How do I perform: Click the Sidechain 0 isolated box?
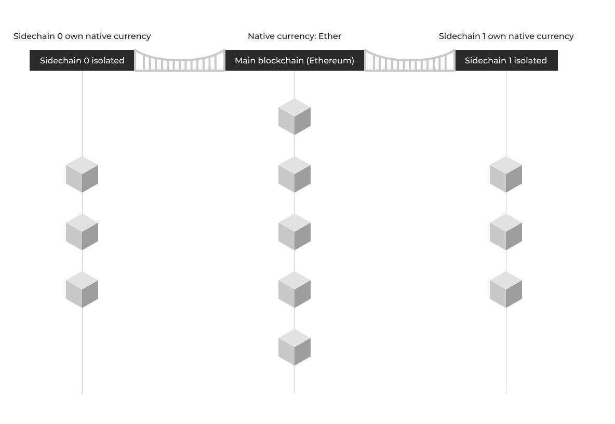tap(82, 60)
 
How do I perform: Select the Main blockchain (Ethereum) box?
tap(295, 60)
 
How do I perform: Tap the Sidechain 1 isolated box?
tap(506, 60)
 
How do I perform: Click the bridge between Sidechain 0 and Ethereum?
tap(180, 61)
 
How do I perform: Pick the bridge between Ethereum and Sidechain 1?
tap(410, 61)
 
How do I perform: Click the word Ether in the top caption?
tap(330, 36)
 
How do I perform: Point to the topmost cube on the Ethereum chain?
tap(295, 117)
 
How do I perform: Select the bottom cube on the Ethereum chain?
tap(295, 347)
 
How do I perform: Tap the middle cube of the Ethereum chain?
tap(295, 232)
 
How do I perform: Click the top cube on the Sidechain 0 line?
tap(82, 175)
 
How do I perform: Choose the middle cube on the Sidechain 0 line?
tap(82, 232)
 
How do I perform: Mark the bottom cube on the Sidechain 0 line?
tap(82, 289)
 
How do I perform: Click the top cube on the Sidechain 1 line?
tap(506, 175)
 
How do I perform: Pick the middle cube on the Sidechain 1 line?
tap(506, 232)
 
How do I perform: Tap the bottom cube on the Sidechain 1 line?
tap(506, 289)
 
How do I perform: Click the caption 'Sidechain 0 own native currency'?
tap(82, 36)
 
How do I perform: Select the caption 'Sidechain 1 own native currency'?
tap(506, 36)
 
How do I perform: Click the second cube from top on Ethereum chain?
tap(295, 175)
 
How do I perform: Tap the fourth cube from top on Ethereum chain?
tap(295, 289)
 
